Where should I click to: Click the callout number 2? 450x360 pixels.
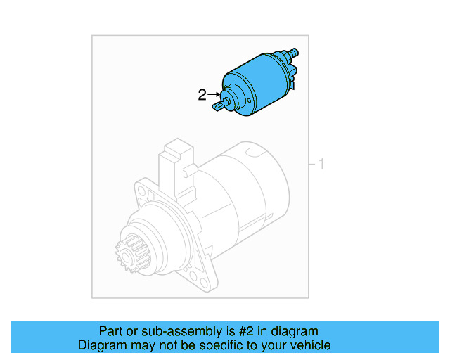click(x=202, y=95)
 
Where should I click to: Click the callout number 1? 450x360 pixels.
click(x=321, y=165)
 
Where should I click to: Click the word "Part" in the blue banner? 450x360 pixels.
click(x=112, y=331)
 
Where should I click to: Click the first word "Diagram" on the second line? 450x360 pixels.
click(x=102, y=345)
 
